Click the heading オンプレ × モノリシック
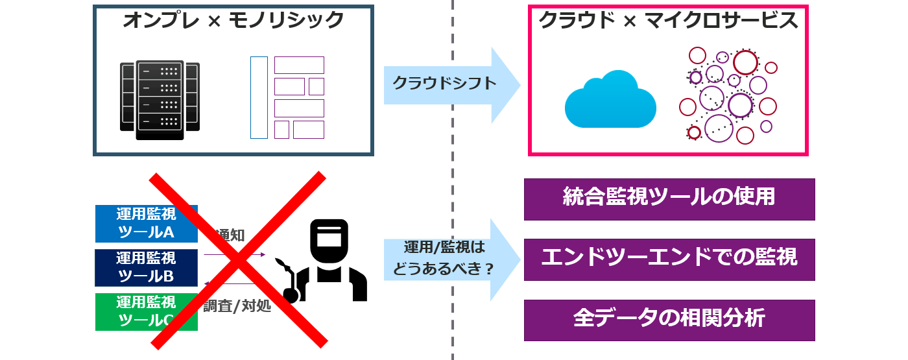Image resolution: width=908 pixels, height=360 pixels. click(233, 21)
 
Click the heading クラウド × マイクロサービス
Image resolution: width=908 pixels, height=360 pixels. click(668, 21)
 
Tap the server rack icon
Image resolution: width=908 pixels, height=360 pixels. click(160, 101)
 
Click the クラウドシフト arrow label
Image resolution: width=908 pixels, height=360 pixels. click(444, 83)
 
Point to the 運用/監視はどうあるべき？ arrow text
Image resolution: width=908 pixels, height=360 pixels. click(444, 258)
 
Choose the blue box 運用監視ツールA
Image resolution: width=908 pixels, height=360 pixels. click(146, 224)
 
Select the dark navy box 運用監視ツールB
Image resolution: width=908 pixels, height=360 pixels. click(146, 267)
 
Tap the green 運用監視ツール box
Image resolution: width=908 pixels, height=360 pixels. click(146, 311)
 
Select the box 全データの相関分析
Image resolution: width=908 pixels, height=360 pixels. click(669, 320)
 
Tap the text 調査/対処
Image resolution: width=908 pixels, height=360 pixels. click(237, 306)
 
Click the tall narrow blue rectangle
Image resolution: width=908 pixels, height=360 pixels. click(259, 97)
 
